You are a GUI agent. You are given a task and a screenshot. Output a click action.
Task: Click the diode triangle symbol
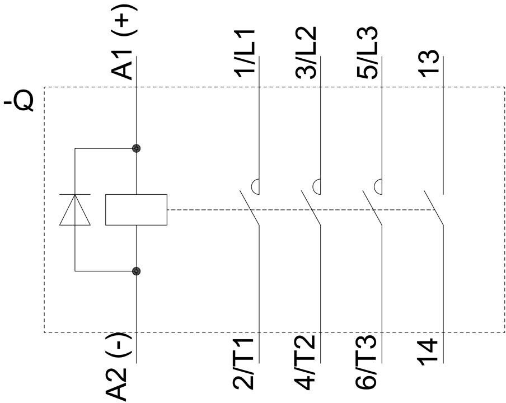pyautogui.click(x=75, y=210)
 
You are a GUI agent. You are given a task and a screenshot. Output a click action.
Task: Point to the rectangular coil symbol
pyautogui.click(x=137, y=210)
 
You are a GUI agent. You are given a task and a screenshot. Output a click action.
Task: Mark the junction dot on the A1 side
pyautogui.click(x=136, y=149)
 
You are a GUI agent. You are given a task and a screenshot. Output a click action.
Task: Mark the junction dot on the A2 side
pyautogui.click(x=136, y=271)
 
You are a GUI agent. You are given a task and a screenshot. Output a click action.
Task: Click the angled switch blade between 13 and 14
pyautogui.click(x=433, y=209)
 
